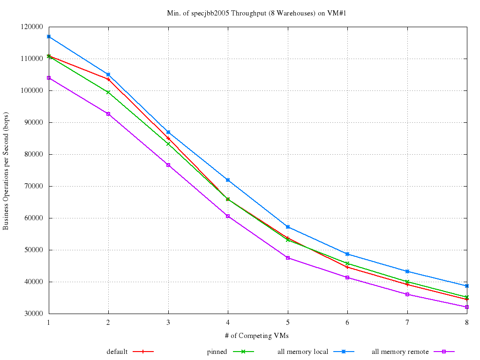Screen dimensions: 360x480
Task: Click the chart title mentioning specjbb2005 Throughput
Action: click(256, 13)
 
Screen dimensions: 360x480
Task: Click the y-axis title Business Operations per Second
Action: click(6, 171)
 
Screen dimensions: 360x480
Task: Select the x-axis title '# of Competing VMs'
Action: click(257, 336)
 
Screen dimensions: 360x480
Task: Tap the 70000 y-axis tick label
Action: click(34, 187)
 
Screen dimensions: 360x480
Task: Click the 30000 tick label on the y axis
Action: click(34, 314)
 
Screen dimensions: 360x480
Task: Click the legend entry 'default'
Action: click(117, 352)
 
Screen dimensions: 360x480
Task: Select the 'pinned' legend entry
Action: click(217, 352)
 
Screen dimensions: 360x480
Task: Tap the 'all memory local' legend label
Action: click(303, 352)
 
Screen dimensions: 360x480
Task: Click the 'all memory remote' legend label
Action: click(400, 352)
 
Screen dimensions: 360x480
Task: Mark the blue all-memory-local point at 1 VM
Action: click(49, 37)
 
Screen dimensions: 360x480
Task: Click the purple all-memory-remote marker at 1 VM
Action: click(49, 78)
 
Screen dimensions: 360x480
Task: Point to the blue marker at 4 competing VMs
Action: click(228, 180)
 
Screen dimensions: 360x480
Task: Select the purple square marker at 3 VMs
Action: click(168, 165)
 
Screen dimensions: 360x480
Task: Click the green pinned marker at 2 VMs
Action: click(108, 92)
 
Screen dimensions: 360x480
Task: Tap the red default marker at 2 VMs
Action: click(108, 79)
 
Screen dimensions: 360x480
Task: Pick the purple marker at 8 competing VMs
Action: click(466, 307)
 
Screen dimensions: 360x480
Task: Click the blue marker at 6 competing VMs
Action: click(347, 254)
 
